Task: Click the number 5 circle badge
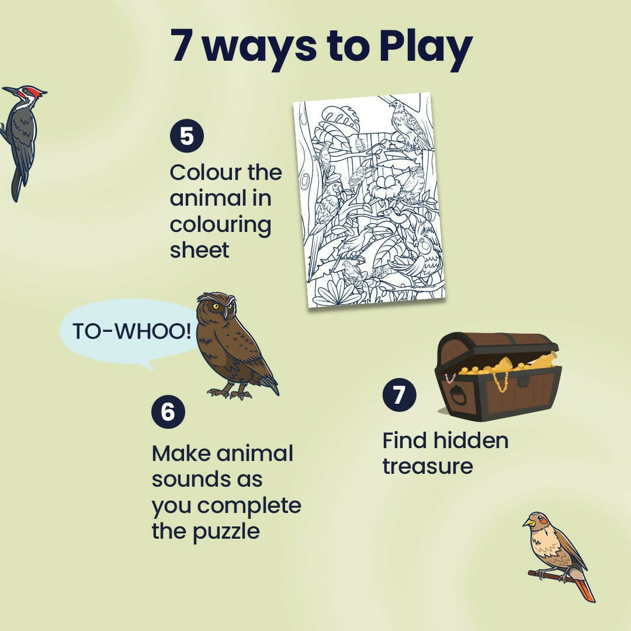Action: click(187, 136)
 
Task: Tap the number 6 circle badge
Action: click(168, 412)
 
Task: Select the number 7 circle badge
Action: click(398, 395)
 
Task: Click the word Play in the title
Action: click(425, 47)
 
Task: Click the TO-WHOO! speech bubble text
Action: click(131, 331)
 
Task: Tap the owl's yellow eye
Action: click(216, 306)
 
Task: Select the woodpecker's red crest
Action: click(36, 92)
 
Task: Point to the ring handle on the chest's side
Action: click(458, 397)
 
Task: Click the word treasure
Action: click(427, 467)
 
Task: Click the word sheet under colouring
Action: click(199, 250)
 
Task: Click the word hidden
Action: click(470, 441)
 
